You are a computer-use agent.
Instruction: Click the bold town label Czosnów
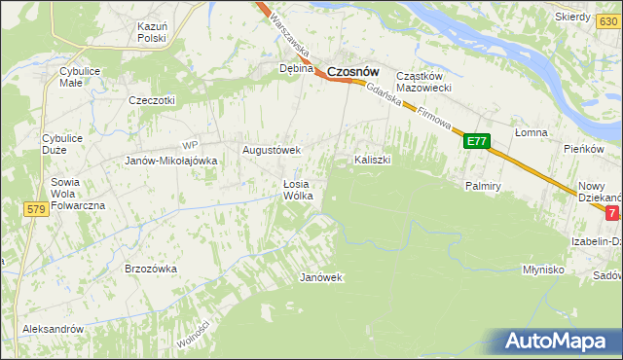point(352,71)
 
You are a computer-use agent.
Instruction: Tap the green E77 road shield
point(475,142)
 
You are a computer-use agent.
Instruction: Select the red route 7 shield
point(611,212)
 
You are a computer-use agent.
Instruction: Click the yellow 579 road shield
point(37,209)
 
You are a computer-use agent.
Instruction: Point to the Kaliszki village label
point(372,160)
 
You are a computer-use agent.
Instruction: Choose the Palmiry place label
point(483,184)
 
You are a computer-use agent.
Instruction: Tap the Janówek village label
point(321,277)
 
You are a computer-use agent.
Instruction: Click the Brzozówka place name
point(150,268)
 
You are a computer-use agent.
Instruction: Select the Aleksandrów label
point(54,329)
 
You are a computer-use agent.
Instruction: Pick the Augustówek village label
point(272,151)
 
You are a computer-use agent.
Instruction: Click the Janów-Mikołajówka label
point(170,161)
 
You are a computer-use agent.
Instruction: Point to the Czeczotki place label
point(152,100)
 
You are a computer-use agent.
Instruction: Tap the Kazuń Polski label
point(153,32)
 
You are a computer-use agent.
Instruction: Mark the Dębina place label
point(296,69)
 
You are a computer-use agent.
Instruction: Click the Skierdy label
point(572,18)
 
